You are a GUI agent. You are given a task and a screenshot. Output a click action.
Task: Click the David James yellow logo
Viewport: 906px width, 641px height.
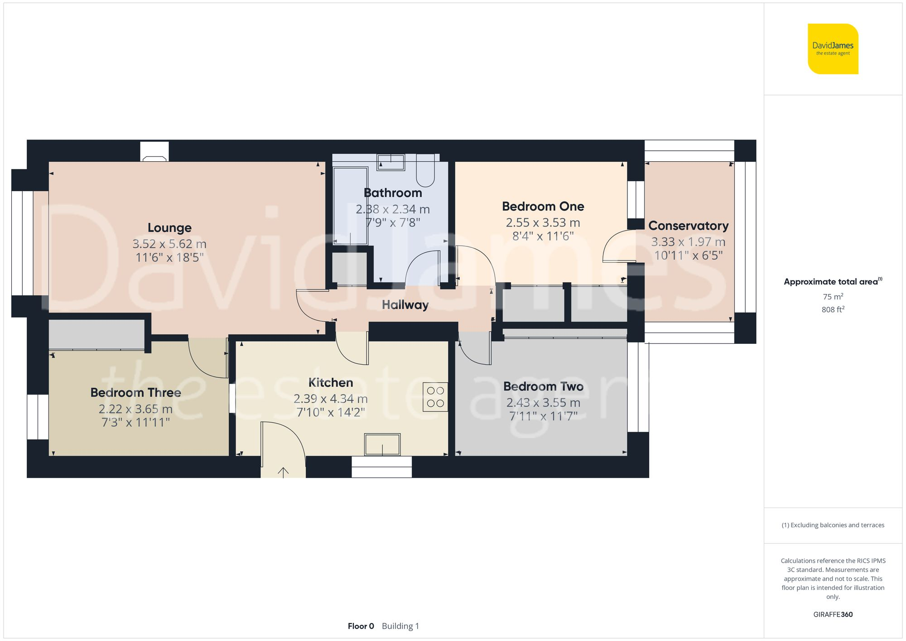[833, 49]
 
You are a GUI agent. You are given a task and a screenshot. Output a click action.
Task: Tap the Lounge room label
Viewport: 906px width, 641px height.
[169, 228]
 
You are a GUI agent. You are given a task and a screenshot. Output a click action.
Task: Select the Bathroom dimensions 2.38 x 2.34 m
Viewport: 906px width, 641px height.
[392, 209]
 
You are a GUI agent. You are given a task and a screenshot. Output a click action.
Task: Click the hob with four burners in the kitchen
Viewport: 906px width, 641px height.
[435, 397]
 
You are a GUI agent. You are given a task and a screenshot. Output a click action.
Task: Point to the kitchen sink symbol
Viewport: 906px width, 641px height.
[382, 444]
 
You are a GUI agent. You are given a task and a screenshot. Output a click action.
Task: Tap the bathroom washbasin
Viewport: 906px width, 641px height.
[391, 162]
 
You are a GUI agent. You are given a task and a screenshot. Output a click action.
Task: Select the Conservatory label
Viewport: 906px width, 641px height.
[688, 226]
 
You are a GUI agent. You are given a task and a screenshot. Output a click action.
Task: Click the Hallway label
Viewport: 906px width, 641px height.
[405, 305]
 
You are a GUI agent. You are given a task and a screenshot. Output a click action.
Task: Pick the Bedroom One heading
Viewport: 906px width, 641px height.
[543, 207]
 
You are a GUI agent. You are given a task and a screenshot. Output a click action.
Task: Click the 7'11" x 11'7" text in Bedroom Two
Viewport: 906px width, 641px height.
[543, 416]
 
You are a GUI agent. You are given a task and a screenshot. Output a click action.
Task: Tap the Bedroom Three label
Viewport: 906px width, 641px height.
[135, 392]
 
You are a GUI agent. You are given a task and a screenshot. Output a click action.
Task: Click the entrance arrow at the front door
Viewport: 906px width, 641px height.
[283, 472]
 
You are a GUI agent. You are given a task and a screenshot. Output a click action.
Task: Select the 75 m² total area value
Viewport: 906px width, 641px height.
[833, 297]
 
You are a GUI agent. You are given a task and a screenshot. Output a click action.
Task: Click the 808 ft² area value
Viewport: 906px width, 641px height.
[833, 310]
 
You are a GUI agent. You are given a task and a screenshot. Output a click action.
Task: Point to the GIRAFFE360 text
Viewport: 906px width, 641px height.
[833, 615]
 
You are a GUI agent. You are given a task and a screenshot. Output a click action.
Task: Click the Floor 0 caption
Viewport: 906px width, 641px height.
[361, 626]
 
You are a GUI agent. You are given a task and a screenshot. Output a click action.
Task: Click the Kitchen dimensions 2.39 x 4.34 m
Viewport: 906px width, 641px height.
[330, 399]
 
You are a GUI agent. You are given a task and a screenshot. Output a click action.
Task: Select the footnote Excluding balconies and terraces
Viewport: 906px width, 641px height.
[833, 525]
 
